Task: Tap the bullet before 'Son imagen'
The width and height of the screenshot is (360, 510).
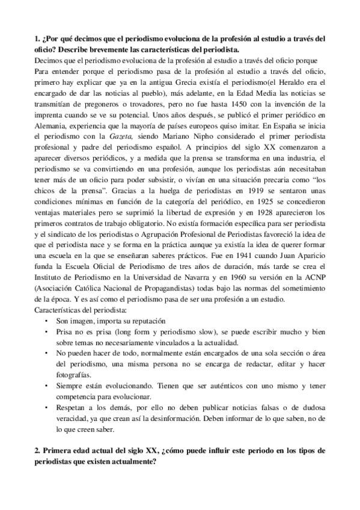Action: [x=47, y=321]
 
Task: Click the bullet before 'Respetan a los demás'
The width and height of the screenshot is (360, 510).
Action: [x=47, y=408]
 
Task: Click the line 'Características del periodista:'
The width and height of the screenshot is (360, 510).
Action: [x=80, y=310]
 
